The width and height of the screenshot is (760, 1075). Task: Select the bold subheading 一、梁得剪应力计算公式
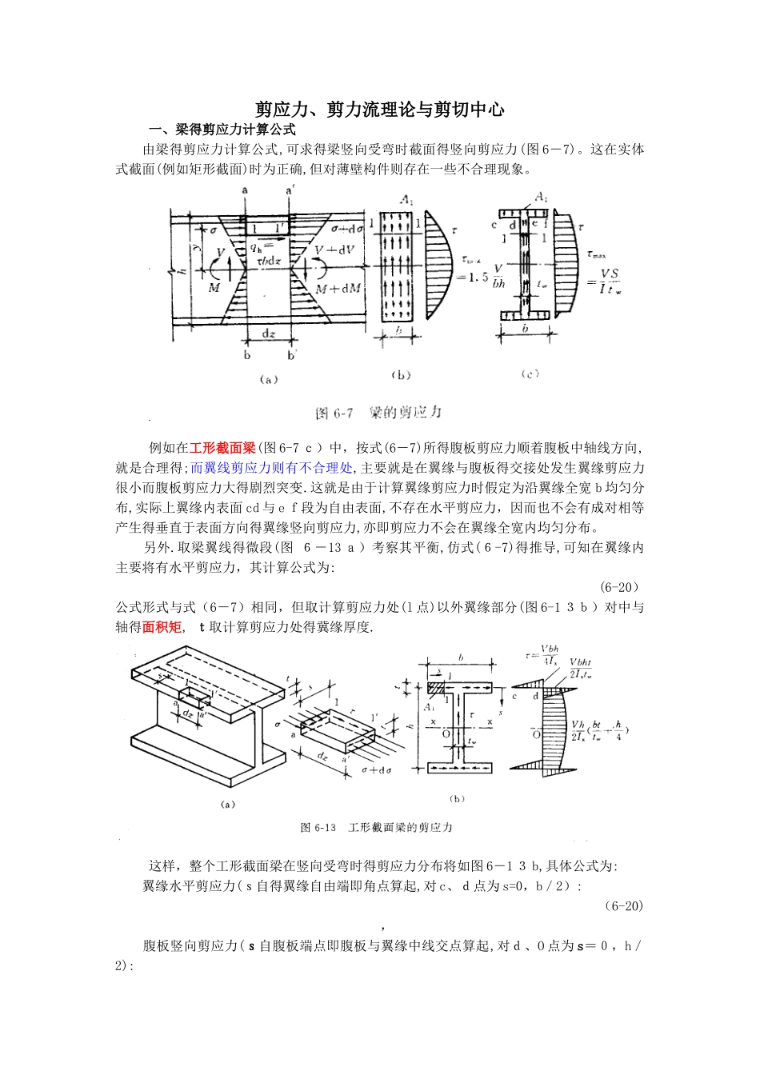click(x=225, y=130)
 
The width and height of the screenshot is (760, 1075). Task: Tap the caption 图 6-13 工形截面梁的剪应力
click(x=376, y=827)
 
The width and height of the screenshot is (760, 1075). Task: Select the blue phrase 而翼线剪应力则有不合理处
click(x=271, y=468)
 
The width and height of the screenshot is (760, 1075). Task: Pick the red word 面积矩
click(x=162, y=627)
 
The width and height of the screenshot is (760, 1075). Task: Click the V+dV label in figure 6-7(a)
click(x=335, y=250)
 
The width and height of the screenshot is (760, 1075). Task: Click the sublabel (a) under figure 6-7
click(x=269, y=381)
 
